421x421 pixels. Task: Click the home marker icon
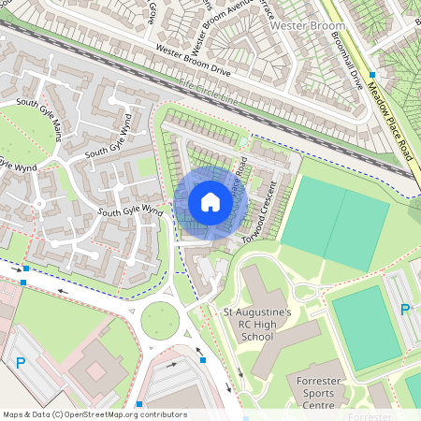coord(210,202)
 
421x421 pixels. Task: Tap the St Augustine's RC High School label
coord(257,324)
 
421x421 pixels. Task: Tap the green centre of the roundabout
coord(160,323)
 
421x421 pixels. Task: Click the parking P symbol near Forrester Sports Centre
coord(405,310)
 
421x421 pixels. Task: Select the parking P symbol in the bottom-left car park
coord(21,363)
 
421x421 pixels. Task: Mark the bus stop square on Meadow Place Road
coord(372,74)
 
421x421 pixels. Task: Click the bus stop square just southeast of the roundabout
coord(203,358)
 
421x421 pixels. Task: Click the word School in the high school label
coord(257,336)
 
